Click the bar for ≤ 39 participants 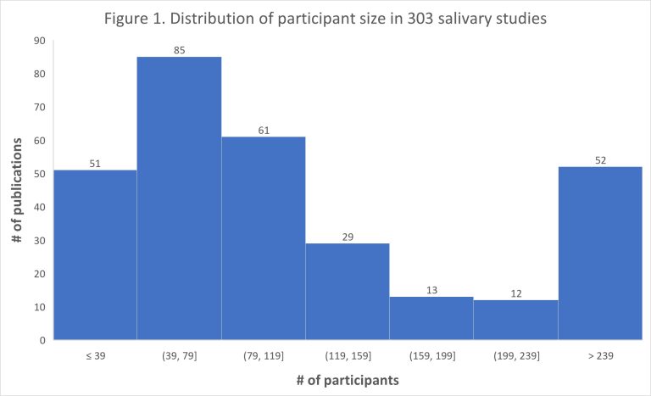[94, 254]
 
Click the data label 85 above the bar [179, 49]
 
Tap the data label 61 [263, 130]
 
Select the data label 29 [348, 237]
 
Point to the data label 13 [431, 290]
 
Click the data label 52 [600, 159]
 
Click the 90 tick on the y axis [38, 41]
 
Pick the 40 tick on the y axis [38, 207]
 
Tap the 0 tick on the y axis [41, 340]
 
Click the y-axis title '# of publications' [17, 190]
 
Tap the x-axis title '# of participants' [348, 381]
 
